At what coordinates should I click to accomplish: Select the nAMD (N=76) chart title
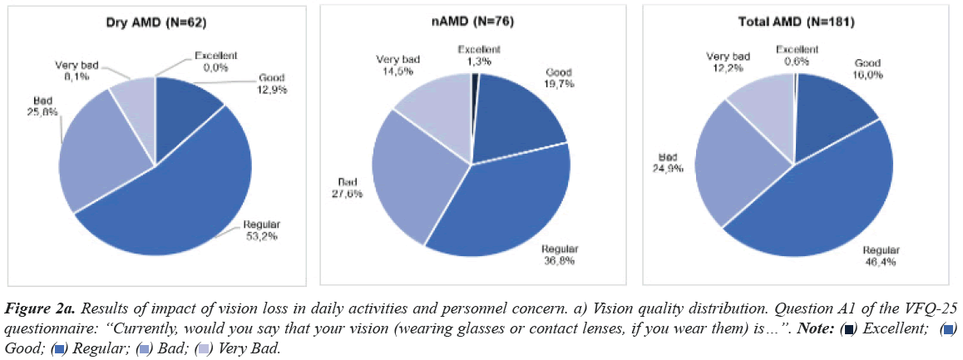tap(472, 22)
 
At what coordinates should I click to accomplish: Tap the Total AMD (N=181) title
tap(795, 22)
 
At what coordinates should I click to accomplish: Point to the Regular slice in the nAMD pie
tap(499, 208)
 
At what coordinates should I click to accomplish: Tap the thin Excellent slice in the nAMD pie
tap(476, 79)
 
